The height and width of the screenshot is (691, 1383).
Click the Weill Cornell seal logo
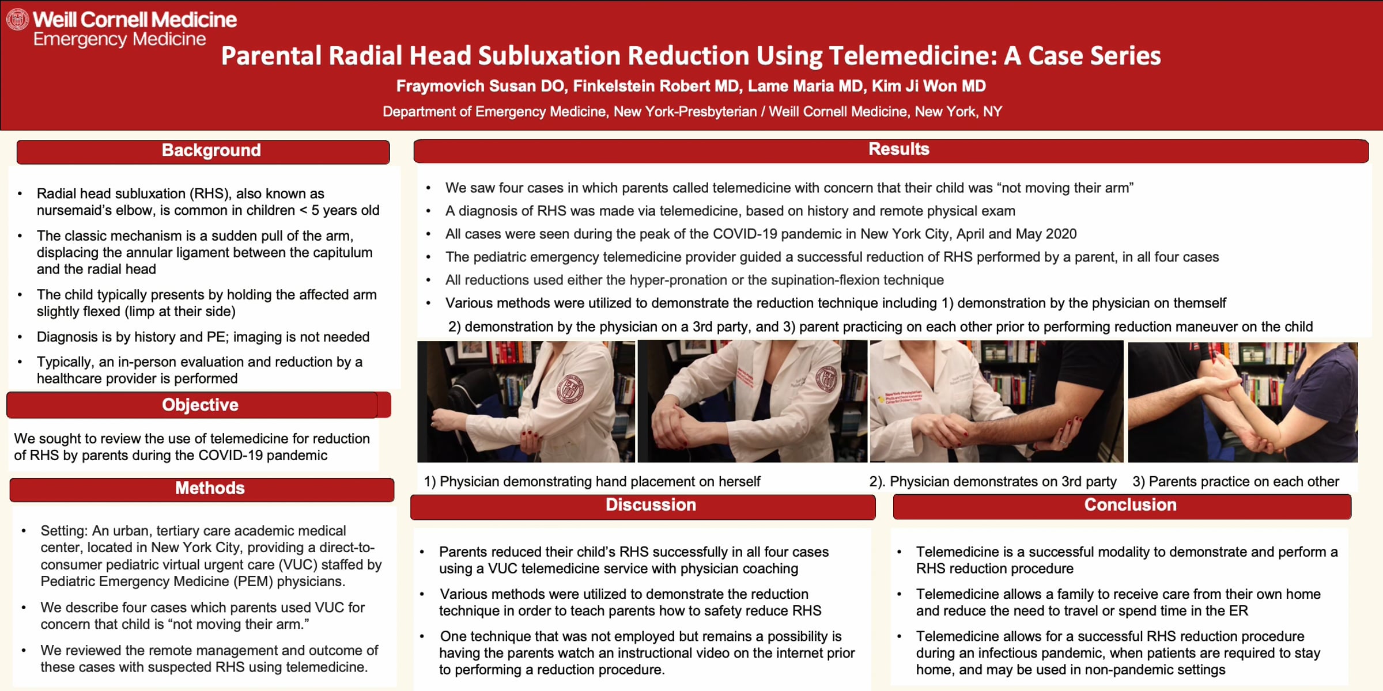17,20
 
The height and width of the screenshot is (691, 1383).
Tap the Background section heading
211,150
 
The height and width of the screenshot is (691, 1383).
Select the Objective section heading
200,405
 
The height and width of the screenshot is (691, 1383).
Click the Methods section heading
210,488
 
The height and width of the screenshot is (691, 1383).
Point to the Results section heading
899,149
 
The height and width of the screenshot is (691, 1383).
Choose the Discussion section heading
651,505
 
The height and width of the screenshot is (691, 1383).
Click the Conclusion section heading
1130,505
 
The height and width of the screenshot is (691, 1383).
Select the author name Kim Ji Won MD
928,86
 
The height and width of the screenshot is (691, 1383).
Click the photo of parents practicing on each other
1242,402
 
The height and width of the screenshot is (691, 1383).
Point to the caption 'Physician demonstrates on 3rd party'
1003,481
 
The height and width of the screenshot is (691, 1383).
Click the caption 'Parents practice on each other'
1244,481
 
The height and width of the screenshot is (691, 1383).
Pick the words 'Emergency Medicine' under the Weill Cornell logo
119,40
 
